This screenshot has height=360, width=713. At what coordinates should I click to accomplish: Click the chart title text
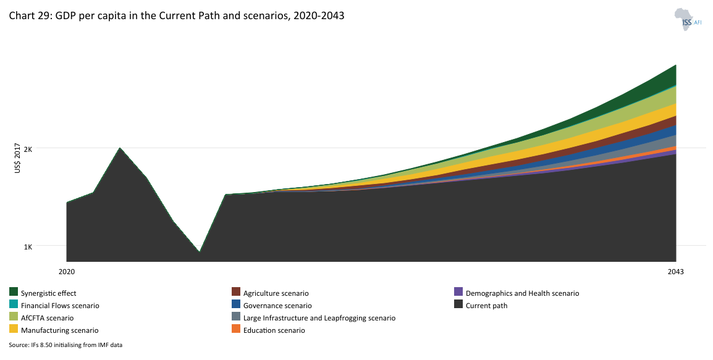pyautogui.click(x=176, y=16)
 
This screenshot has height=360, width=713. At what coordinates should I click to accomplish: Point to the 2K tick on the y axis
pyautogui.click(x=28, y=148)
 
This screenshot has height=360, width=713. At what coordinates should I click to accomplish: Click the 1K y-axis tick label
pyautogui.click(x=28, y=246)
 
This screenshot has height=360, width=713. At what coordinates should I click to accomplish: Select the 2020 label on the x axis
pyautogui.click(x=66, y=272)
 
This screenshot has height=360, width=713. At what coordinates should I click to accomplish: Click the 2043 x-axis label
pyautogui.click(x=675, y=272)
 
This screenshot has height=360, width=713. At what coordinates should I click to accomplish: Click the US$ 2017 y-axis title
pyautogui.click(x=18, y=158)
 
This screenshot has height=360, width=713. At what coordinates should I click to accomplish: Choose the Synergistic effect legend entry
pyautogui.click(x=48, y=293)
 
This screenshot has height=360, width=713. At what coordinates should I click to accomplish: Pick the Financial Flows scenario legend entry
pyautogui.click(x=59, y=306)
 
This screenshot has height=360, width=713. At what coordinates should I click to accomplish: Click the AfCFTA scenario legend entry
pyautogui.click(x=47, y=318)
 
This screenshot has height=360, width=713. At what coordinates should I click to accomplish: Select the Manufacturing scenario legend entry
pyautogui.click(x=59, y=330)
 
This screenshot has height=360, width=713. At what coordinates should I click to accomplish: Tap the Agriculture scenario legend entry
pyautogui.click(x=276, y=293)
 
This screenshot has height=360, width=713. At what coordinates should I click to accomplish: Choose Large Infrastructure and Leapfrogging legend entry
pyautogui.click(x=319, y=318)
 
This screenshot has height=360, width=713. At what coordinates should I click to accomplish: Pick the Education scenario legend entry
pyautogui.click(x=274, y=330)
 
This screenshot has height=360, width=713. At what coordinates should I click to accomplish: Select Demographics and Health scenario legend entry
pyautogui.click(x=522, y=293)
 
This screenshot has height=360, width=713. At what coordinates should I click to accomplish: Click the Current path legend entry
pyautogui.click(x=486, y=306)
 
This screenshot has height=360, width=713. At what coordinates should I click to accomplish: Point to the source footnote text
pyautogui.click(x=65, y=345)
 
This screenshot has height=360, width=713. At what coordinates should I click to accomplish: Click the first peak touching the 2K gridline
pyautogui.click(x=120, y=149)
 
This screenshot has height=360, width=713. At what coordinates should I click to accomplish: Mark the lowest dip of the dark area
pyautogui.click(x=199, y=251)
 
